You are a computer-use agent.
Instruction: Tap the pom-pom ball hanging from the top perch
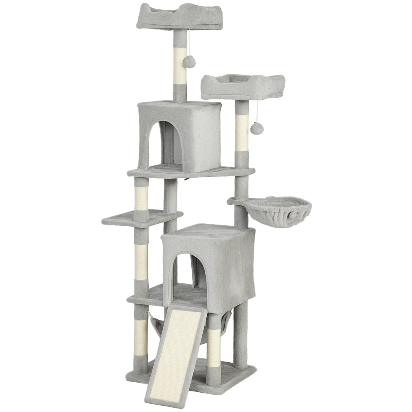[x=189, y=62]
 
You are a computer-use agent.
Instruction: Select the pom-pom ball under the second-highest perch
[x=257, y=129]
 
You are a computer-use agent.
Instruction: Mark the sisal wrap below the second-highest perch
[x=241, y=132]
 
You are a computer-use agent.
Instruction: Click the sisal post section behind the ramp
[x=213, y=342]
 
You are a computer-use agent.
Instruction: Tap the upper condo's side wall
[x=202, y=136]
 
